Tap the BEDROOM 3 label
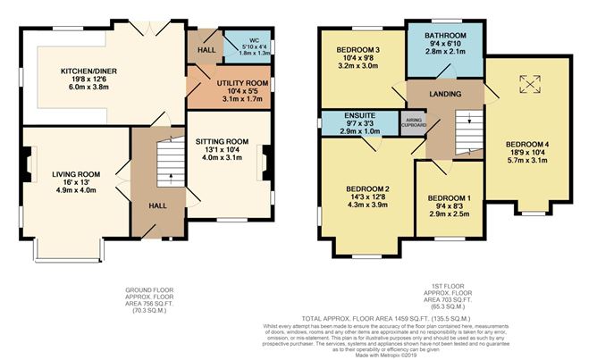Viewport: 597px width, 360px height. click(358, 49)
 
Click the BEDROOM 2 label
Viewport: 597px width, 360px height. click(368, 188)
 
